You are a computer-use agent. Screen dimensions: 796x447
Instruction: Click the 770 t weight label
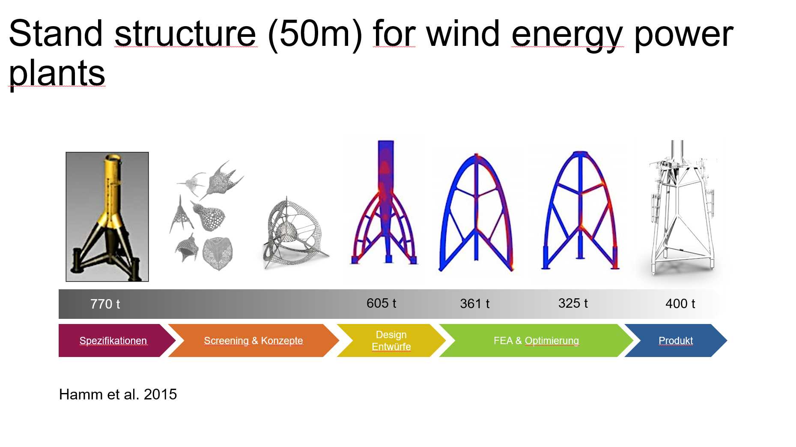click(105, 304)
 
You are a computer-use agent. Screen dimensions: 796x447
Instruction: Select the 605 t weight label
click(381, 303)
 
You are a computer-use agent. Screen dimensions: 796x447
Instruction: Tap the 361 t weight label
click(474, 303)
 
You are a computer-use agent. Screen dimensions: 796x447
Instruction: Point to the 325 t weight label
click(573, 303)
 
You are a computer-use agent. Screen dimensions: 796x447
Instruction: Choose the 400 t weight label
click(680, 303)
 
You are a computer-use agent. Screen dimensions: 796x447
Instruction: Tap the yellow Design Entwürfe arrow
click(391, 340)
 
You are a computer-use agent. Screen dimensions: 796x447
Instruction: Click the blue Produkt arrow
click(676, 340)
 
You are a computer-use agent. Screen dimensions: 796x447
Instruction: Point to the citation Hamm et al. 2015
click(118, 394)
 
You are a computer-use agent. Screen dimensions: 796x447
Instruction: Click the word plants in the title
click(57, 73)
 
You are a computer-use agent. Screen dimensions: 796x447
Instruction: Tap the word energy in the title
click(567, 35)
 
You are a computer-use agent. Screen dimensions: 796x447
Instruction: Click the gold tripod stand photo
click(107, 217)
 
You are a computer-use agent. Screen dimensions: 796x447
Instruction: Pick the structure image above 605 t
click(384, 201)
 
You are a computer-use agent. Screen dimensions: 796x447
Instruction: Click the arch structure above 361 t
click(476, 212)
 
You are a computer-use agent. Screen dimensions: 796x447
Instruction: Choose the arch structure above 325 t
click(580, 210)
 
